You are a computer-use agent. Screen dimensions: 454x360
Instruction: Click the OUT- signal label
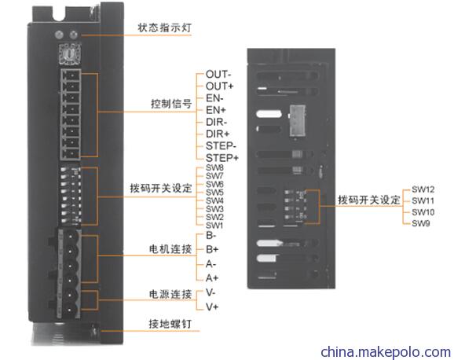click(x=218, y=75)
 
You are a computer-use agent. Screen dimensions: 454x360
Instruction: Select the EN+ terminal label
click(x=216, y=110)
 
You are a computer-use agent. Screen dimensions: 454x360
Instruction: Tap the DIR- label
click(x=216, y=122)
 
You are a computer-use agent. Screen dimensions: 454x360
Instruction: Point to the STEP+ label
click(x=222, y=158)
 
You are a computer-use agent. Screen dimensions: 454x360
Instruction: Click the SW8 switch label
click(x=214, y=167)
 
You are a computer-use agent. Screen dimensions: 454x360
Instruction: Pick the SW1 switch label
click(x=214, y=226)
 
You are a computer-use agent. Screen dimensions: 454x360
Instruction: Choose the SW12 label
click(x=423, y=189)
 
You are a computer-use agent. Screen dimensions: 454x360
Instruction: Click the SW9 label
click(x=421, y=223)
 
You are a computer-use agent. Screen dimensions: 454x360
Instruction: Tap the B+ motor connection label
click(x=212, y=249)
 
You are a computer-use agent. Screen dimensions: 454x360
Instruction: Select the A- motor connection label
click(x=211, y=264)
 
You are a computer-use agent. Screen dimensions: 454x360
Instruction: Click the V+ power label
click(x=212, y=307)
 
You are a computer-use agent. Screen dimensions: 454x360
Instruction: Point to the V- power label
click(x=211, y=292)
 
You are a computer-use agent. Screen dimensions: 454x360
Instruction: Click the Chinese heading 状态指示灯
click(x=164, y=28)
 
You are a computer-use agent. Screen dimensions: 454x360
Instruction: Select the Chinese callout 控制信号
click(x=171, y=104)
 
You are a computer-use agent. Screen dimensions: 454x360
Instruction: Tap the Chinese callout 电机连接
click(x=170, y=248)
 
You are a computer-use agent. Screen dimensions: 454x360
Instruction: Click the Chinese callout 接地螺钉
click(x=170, y=324)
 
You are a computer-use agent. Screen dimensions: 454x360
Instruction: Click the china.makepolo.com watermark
click(x=386, y=352)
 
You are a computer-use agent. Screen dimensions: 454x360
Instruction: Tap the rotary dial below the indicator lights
click(x=70, y=53)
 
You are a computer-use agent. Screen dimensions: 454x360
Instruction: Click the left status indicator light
click(x=59, y=35)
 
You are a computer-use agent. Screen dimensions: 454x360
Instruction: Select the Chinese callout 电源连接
click(x=170, y=294)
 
